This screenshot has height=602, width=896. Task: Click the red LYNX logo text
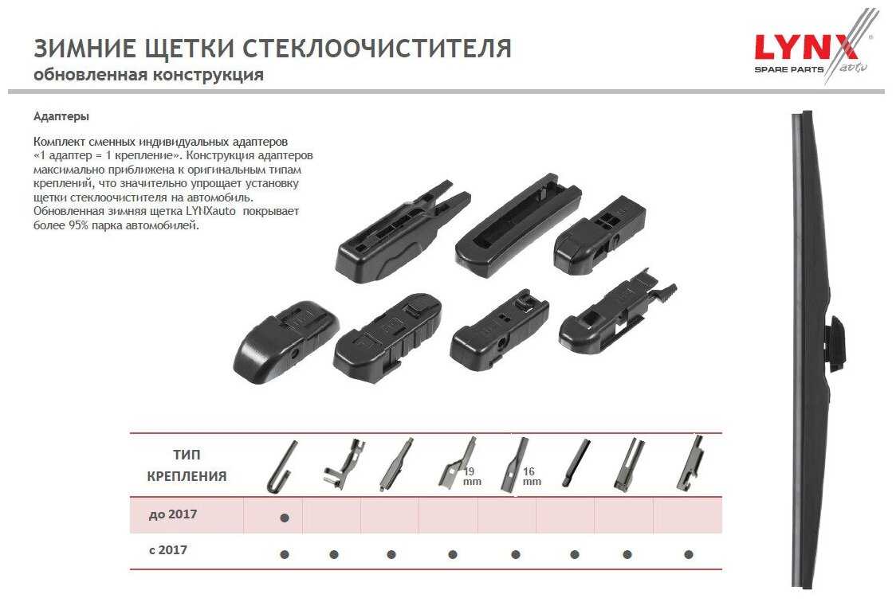tap(806, 47)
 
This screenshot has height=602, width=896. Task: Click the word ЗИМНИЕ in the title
tap(84, 49)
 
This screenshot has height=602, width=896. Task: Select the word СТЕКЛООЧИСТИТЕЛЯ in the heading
tap(377, 49)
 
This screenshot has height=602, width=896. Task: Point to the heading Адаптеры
tap(61, 117)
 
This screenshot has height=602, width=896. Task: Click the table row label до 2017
tap(172, 514)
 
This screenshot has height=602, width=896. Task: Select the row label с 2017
tap(168, 550)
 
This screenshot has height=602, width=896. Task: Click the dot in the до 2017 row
tap(285, 518)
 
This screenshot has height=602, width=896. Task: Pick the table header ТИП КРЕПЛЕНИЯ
tap(187, 466)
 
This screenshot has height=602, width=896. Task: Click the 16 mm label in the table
tap(532, 476)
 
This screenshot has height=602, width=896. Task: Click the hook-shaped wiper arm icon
tap(281, 467)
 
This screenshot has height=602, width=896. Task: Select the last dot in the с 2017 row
tap(689, 554)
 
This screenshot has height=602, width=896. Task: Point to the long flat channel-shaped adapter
tap(517, 225)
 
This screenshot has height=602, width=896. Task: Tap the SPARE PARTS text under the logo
tap(789, 69)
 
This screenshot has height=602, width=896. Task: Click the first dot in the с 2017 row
tap(285, 554)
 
